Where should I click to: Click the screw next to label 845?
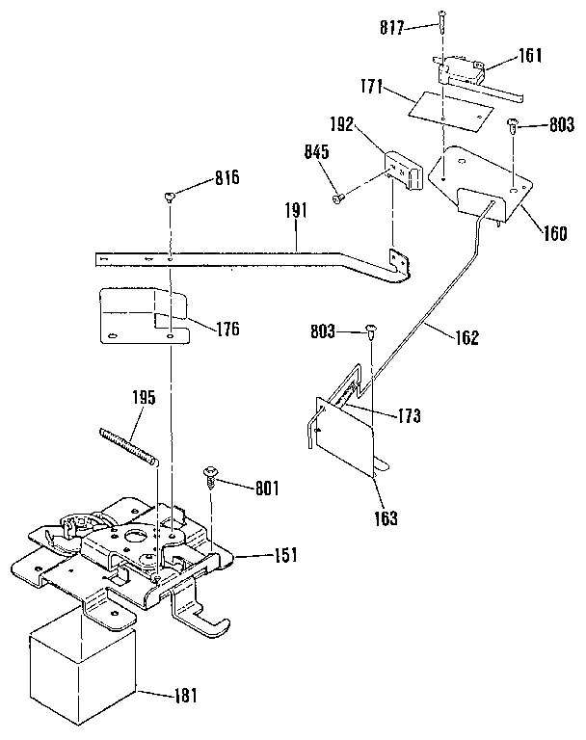(x=338, y=198)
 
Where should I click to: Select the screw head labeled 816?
(x=171, y=197)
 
